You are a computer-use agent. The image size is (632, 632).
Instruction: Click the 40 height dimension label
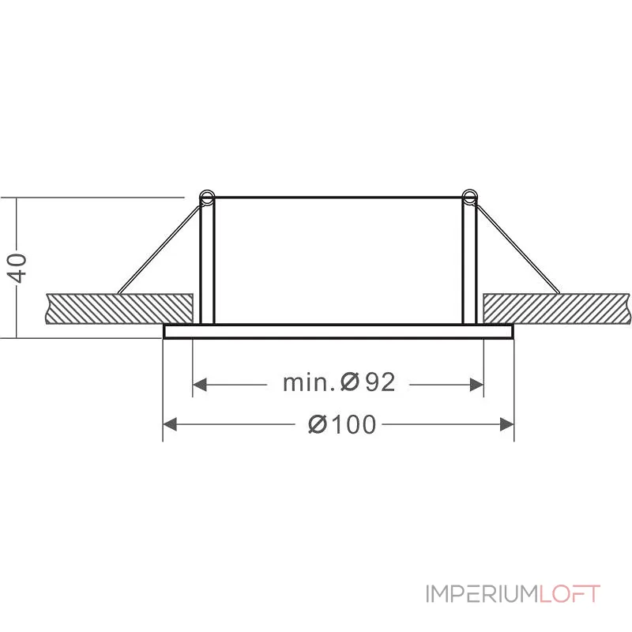18,268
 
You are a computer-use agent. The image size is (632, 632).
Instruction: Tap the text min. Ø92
339,382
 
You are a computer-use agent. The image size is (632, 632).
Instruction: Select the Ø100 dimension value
342,424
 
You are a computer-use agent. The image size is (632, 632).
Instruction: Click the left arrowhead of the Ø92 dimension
200,385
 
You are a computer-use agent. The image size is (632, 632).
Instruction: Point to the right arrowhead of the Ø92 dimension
476,385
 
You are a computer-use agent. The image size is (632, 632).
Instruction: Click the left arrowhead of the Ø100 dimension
170,424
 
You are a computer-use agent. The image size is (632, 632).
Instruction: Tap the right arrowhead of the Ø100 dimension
507,424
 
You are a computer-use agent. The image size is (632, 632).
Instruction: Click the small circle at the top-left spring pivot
207,197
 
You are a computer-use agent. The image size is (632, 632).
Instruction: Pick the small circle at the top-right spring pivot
469,197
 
